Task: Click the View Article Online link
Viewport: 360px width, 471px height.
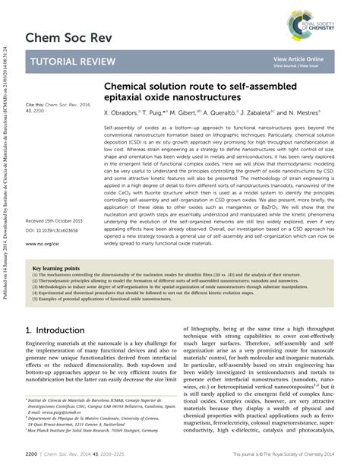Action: [x=298, y=58]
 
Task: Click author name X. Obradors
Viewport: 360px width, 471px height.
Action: [x=125, y=112]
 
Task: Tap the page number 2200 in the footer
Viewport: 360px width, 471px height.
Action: [x=34, y=454]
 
